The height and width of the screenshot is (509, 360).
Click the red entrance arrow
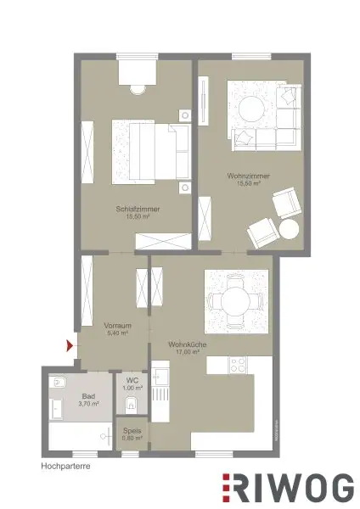pyautogui.click(x=70, y=344)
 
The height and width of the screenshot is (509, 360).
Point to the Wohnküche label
pyautogui.click(x=184, y=344)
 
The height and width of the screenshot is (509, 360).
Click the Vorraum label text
pyautogui.click(x=116, y=326)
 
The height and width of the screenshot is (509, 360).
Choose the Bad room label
pyautogui.click(x=88, y=396)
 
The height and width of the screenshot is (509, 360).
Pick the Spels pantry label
pyautogui.click(x=131, y=430)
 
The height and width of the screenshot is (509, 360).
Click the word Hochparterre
pyautogui.click(x=65, y=466)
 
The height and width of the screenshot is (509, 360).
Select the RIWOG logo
pyautogui.click(x=288, y=488)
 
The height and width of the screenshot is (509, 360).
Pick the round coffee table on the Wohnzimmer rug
pyautogui.click(x=251, y=109)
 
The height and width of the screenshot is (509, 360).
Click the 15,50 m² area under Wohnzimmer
pyautogui.click(x=248, y=183)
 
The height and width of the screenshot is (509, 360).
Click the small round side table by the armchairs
pyautogui.click(x=290, y=229)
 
